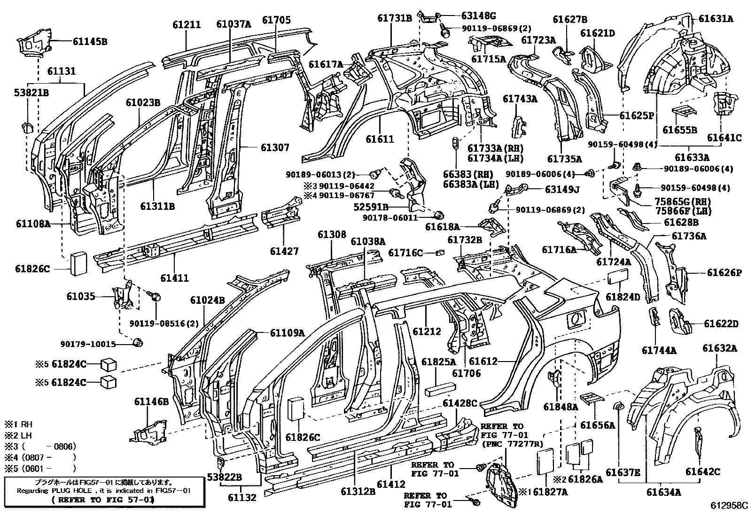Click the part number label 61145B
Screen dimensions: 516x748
(90, 41)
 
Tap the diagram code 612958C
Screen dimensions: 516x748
(728, 506)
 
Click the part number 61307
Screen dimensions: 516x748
(275, 147)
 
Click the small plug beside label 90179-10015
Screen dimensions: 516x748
(138, 342)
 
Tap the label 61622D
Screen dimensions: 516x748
(721, 324)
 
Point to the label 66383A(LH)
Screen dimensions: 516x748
(470, 184)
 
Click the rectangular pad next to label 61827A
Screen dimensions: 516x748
(545, 459)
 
